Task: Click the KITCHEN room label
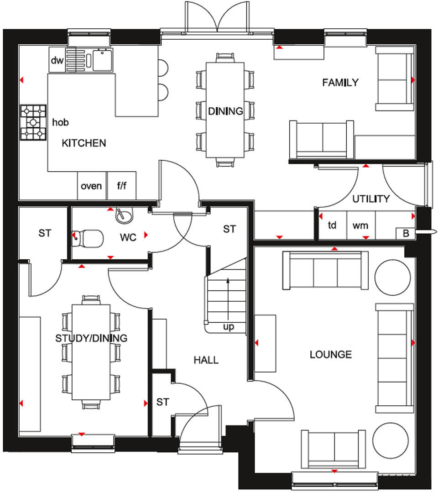(x=84, y=143)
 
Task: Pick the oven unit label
(x=91, y=186)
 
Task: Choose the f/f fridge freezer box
(x=122, y=186)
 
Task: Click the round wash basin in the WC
(x=122, y=215)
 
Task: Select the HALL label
(x=206, y=360)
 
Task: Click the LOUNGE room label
(x=331, y=354)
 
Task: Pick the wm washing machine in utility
(x=360, y=226)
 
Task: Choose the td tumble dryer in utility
(x=332, y=226)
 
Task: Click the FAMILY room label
(x=340, y=83)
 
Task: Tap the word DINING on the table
(x=225, y=111)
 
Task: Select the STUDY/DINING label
(x=91, y=338)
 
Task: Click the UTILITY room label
(x=371, y=199)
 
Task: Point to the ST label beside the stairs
(x=229, y=229)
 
